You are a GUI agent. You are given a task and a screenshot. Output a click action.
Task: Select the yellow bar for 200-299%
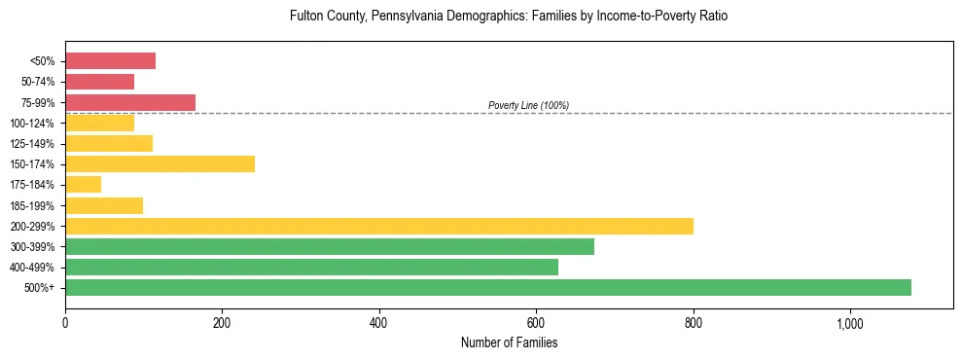(379, 226)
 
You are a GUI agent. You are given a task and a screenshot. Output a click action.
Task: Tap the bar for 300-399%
(330, 246)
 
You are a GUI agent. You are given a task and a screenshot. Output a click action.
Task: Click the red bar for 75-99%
(130, 102)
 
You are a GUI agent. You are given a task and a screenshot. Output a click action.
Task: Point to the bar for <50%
(110, 61)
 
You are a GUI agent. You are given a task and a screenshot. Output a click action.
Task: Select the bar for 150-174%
(160, 163)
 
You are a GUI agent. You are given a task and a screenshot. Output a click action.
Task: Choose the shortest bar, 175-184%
(83, 184)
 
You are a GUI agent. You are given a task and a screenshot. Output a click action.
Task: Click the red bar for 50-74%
(99, 82)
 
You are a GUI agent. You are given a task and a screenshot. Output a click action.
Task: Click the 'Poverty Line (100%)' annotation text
(528, 105)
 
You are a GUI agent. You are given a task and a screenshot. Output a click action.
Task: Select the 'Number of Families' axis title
(509, 342)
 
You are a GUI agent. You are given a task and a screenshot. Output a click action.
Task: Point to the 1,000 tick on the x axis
(850, 323)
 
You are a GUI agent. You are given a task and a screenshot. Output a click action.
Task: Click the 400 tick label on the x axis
(379, 323)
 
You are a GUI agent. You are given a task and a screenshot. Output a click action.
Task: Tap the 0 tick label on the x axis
(65, 323)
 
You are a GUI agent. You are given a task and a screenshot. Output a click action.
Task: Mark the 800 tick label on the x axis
(694, 323)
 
